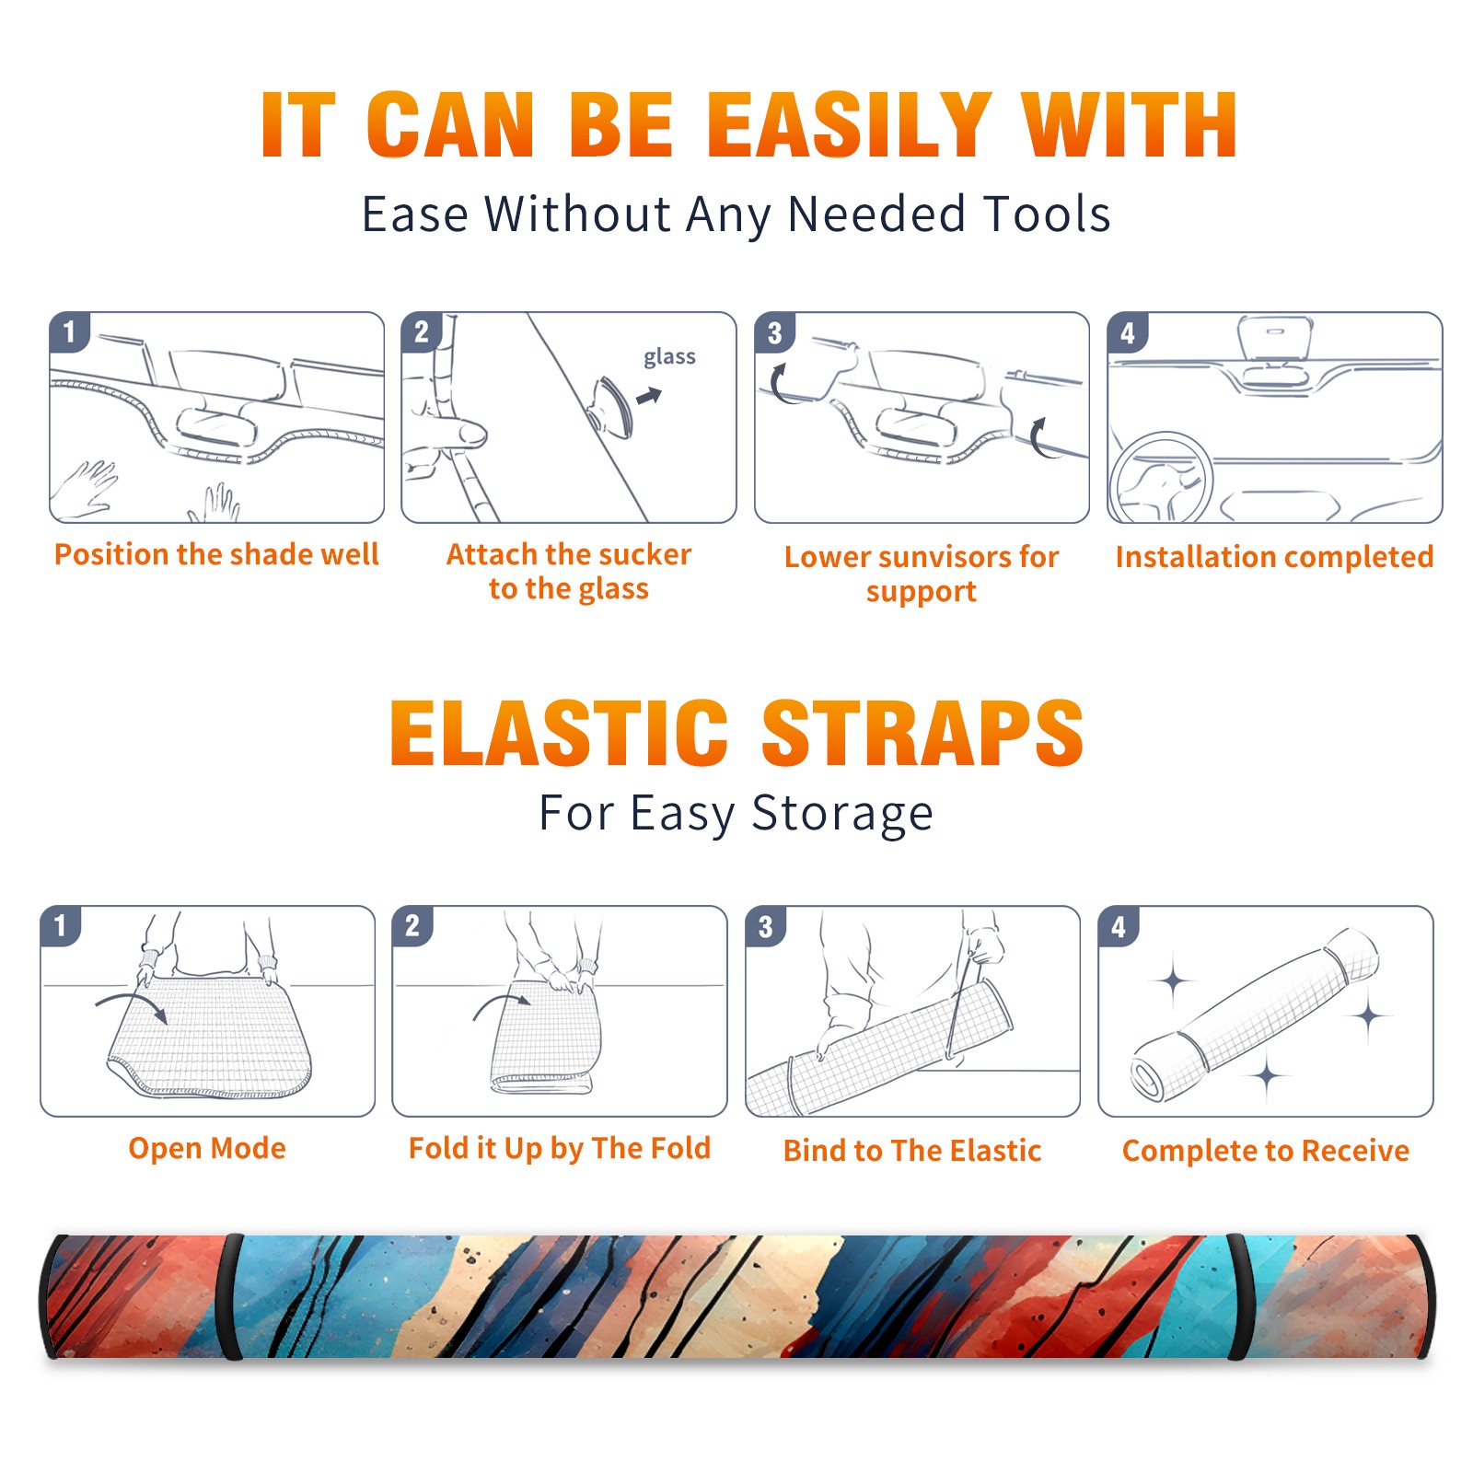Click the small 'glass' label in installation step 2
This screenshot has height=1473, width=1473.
[x=669, y=356]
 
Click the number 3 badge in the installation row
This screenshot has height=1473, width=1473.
[x=774, y=332]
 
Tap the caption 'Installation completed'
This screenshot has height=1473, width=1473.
[x=1274, y=556]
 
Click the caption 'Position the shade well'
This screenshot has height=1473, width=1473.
[x=216, y=554]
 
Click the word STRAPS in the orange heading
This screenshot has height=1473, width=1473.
[x=922, y=733]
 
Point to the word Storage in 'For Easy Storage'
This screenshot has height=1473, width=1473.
[x=842, y=814]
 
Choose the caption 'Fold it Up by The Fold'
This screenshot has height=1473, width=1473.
[x=560, y=1148]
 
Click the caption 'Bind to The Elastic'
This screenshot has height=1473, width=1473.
[x=912, y=1151]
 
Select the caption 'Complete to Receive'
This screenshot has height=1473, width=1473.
[x=1266, y=1151]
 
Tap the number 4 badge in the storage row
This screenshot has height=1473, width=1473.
[x=1119, y=926]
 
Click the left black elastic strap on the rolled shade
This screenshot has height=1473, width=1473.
[x=229, y=1296]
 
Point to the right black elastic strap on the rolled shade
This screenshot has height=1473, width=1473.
[x=1239, y=1296]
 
